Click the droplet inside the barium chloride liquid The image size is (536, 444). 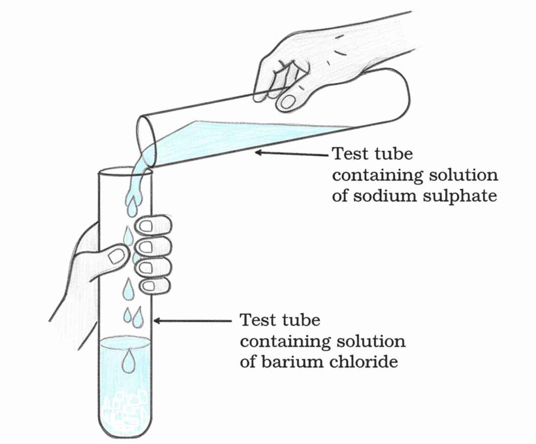point(128,361)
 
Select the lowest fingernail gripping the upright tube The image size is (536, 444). point(149,287)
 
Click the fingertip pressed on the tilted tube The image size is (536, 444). point(289,101)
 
